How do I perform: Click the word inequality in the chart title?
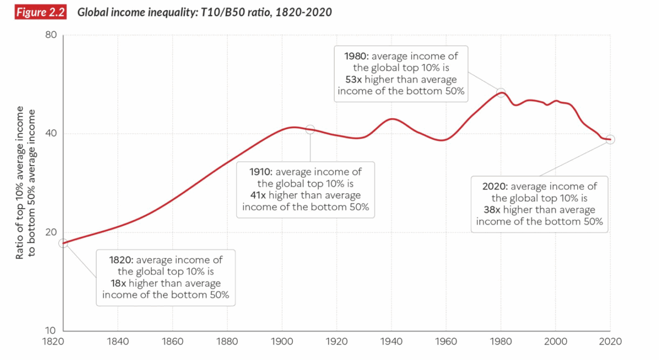[x=154, y=13]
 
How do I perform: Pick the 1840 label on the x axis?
[x=118, y=341]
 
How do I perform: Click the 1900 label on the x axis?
[x=282, y=341]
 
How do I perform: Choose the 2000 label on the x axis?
[x=556, y=341]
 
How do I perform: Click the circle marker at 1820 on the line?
[x=63, y=243]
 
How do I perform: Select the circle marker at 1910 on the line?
[x=310, y=129]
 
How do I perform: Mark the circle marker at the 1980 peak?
[x=501, y=93]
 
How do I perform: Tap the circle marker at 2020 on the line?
[x=610, y=139]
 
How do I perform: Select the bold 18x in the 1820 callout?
[x=118, y=283]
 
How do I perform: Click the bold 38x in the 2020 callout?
[x=493, y=210]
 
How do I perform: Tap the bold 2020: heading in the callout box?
[x=495, y=186]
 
